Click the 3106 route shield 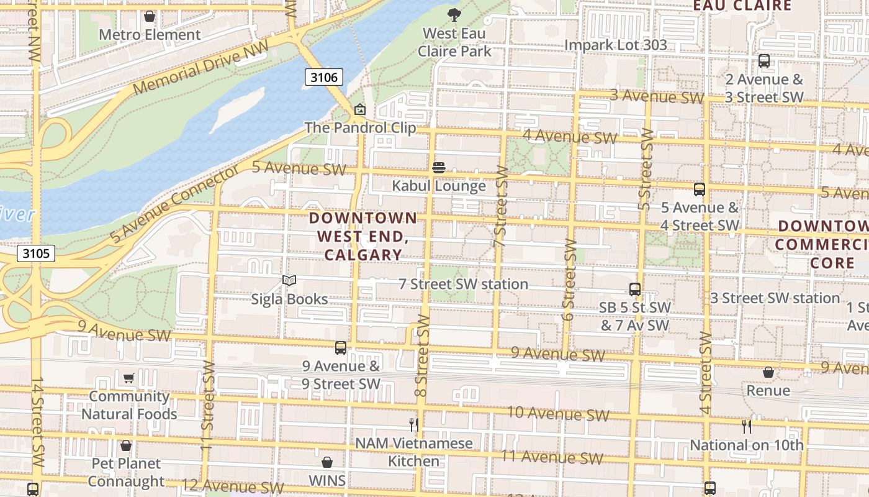pos(324,77)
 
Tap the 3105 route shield pos(37,253)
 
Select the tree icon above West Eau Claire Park pos(454,14)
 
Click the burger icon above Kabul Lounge pos(439,168)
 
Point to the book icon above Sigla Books pos(289,281)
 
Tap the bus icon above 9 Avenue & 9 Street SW pos(341,348)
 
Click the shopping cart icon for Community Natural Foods pos(129,378)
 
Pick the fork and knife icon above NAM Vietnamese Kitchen pos(414,425)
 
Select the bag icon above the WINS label pos(327,462)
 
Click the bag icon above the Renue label pos(768,372)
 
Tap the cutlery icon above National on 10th pos(747,426)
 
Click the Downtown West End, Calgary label pos(363,236)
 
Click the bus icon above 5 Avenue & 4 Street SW pos(700,189)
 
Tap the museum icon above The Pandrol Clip pos(359,110)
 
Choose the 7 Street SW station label pos(463,284)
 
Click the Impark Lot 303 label pos(616,45)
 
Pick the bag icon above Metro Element pos(150,16)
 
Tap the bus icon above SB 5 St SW pos(635,289)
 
